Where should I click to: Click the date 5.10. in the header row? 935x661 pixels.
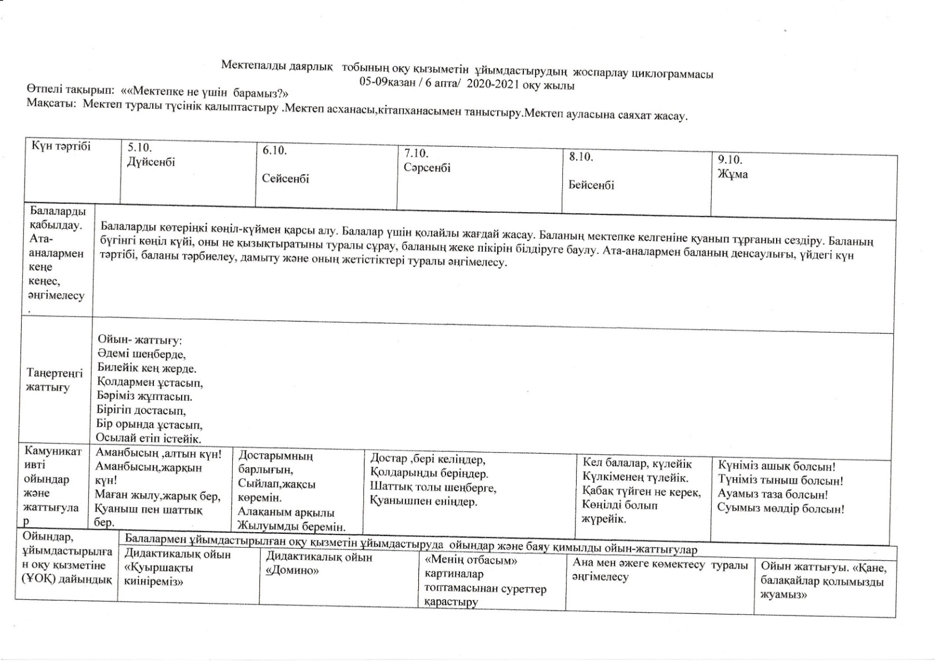pos(139,147)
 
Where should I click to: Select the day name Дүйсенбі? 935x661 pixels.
pos(151,162)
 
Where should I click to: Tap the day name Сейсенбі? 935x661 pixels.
pos(286,179)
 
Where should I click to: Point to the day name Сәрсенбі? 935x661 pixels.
pos(427,168)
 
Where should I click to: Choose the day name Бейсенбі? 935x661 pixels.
pos(591,185)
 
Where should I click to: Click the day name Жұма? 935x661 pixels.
pos(732,174)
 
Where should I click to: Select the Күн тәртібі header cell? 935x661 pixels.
pos(61,146)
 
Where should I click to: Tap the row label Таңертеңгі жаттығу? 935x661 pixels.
pos(54,380)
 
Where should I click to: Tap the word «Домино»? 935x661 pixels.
pos(292,571)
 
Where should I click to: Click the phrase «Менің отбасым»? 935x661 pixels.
pos(471,560)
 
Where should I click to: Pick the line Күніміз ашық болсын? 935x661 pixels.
pos(777,467)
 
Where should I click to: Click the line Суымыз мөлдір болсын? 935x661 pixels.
pos(781,508)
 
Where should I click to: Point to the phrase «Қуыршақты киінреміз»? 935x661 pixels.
pos(159,575)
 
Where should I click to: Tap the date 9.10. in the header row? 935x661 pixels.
pos(729,160)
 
